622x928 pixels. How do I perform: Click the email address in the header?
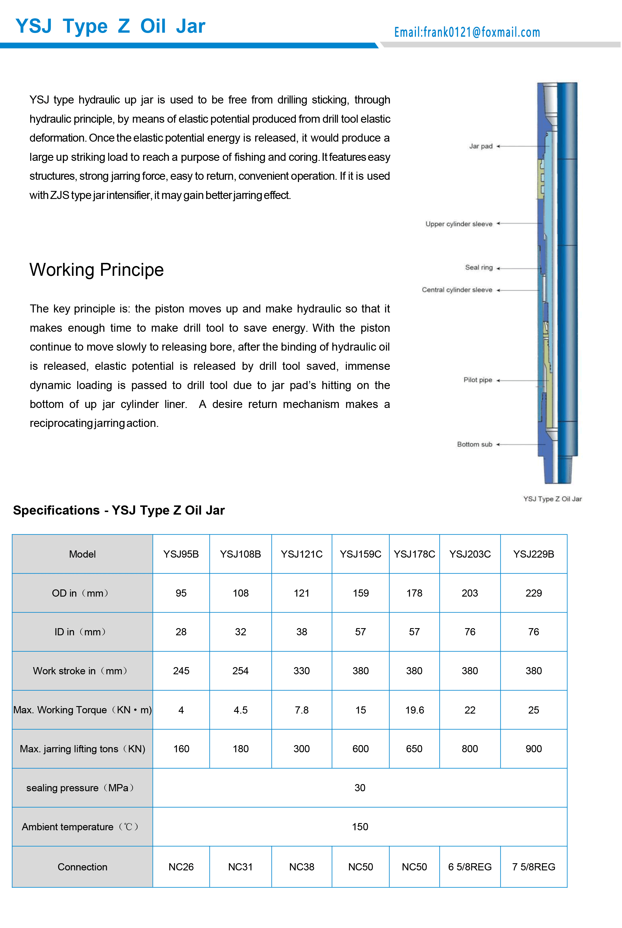coord(467,32)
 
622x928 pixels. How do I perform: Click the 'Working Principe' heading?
coord(96,270)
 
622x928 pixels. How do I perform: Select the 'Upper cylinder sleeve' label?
coord(459,224)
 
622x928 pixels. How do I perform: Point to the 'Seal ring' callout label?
coord(479,267)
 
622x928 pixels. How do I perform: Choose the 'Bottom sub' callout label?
coord(474,444)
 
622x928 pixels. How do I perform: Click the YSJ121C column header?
coord(302,554)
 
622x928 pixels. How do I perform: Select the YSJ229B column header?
coord(533,554)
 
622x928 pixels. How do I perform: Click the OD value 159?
coord(361,593)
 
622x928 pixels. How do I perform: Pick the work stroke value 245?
coord(181,671)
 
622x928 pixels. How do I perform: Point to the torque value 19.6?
coord(414,710)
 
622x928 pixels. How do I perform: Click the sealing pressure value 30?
coord(360,788)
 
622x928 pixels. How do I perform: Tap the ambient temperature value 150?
coord(360,827)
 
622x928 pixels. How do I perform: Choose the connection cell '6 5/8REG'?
coord(470,867)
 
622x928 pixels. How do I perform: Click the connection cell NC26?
coord(181,867)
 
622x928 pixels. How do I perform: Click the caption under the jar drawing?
coord(552,499)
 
